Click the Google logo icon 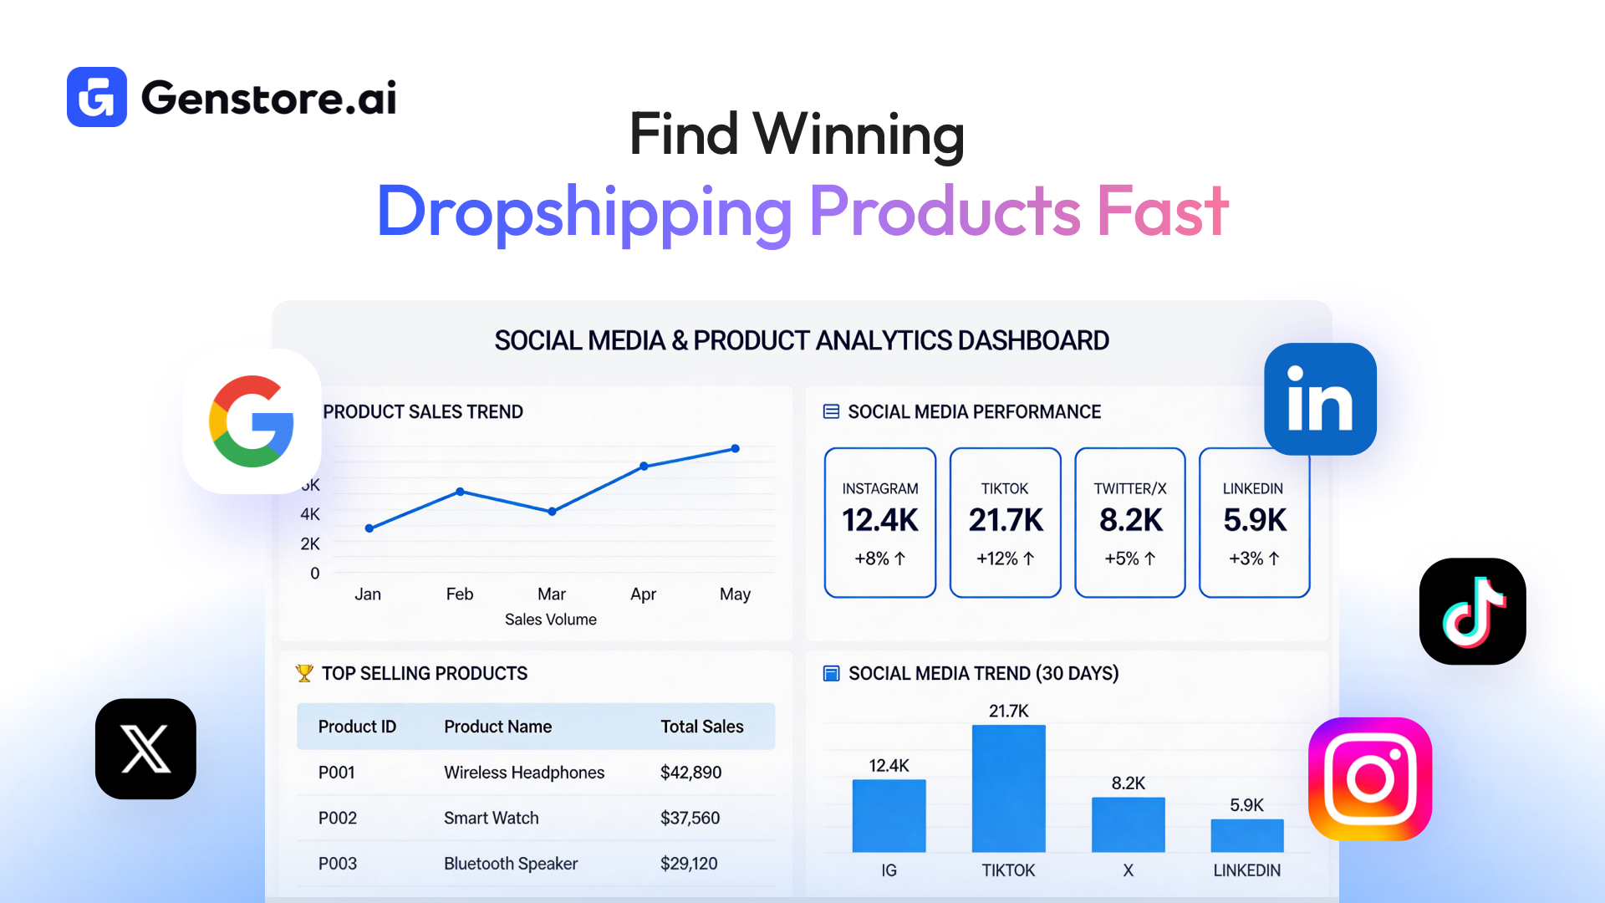point(252,421)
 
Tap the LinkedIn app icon point(1320,400)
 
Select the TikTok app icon point(1472,611)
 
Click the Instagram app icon point(1369,778)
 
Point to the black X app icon point(145,748)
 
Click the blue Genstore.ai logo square point(97,97)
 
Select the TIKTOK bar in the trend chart point(1008,788)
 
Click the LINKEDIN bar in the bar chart point(1246,835)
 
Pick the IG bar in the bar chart point(889,815)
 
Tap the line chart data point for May point(736,449)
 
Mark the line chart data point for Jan point(369,528)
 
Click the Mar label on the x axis point(552,594)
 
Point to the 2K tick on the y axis point(310,544)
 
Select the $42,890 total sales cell point(690,773)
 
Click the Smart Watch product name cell point(492,818)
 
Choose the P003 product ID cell point(338,864)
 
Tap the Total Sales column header point(702,727)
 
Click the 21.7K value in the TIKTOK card point(1006,520)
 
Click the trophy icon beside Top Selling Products point(304,673)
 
